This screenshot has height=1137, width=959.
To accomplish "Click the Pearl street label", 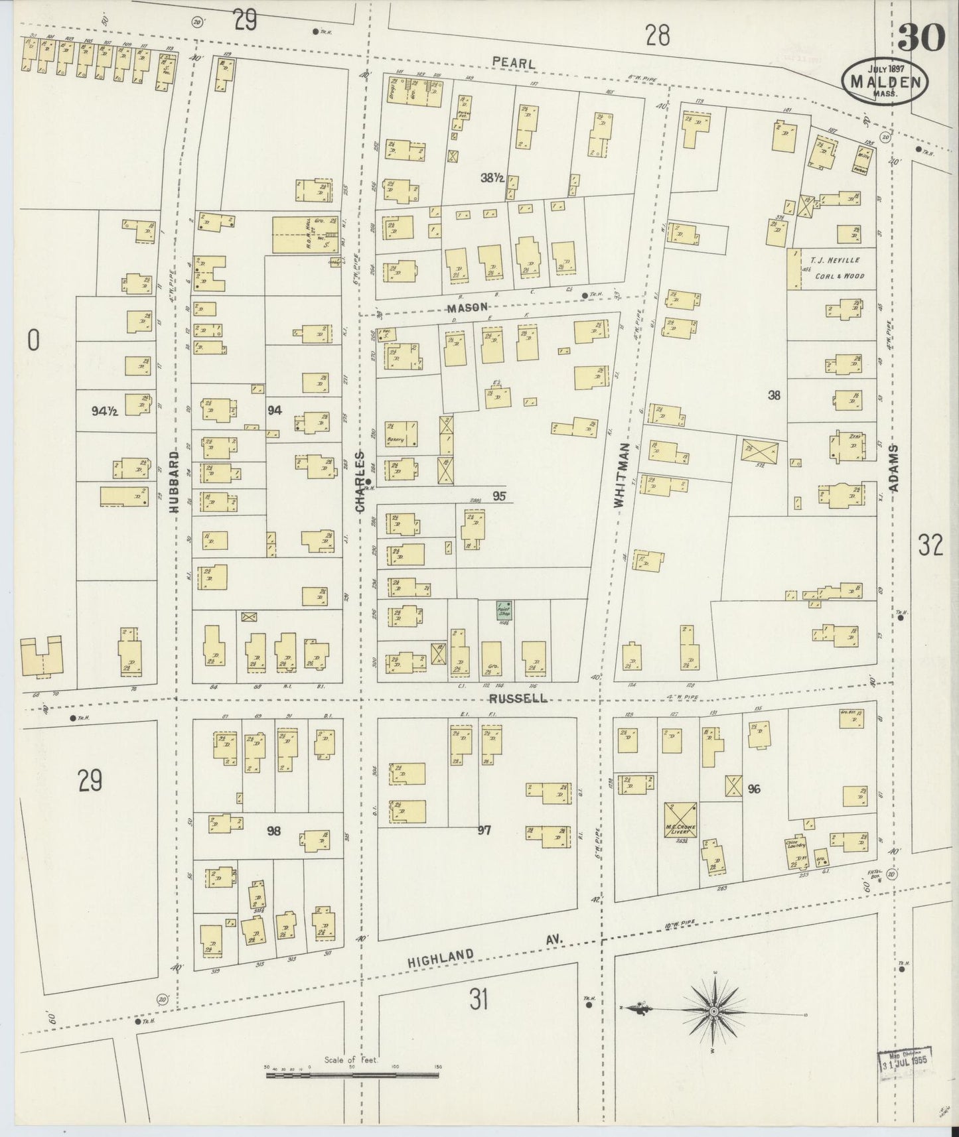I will [514, 62].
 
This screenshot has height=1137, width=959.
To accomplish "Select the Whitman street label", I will [620, 476].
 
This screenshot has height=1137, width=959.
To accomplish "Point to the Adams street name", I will [895, 468].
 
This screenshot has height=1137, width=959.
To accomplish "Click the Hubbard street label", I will [175, 482].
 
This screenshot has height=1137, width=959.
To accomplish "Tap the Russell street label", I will [518, 698].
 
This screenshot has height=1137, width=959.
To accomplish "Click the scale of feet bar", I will [354, 1074].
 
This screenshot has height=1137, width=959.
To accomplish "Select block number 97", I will [484, 830].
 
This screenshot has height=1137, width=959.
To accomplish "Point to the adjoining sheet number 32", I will [930, 545].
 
